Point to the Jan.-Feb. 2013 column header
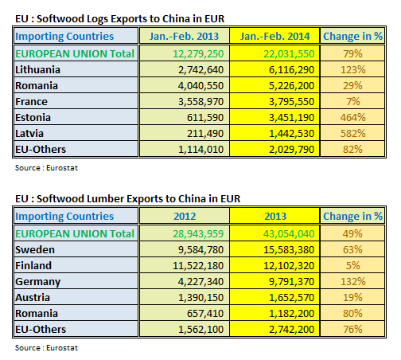(x=184, y=36)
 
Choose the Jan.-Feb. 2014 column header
(x=274, y=36)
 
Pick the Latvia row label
(x=33, y=133)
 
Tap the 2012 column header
(x=184, y=215)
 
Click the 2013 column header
(x=274, y=215)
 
